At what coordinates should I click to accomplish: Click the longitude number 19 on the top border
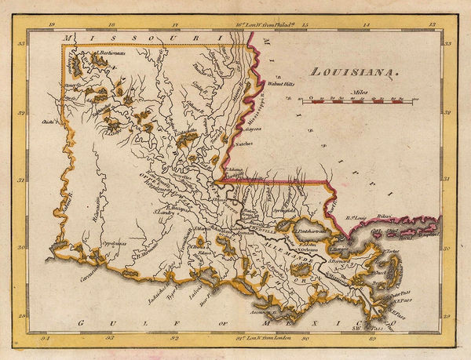coord(52,25)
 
